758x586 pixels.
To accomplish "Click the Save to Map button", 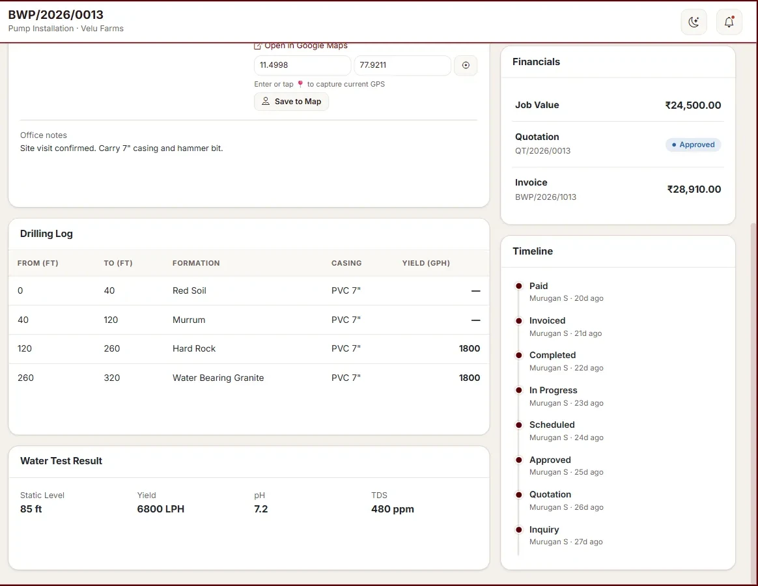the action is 291,102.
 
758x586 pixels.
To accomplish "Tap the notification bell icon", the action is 729,21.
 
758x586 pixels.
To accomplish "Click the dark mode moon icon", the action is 694,21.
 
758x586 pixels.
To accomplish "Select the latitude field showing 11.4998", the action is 303,65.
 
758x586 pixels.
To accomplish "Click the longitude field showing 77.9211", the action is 402,65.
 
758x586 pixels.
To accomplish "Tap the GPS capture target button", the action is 466,65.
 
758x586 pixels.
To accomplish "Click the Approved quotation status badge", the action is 694,145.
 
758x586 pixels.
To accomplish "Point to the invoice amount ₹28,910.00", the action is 694,189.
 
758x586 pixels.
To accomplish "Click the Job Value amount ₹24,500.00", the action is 693,105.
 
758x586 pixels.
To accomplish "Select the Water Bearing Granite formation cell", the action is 218,378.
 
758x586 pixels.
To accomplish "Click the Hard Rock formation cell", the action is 194,348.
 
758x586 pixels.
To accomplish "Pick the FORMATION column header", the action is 196,263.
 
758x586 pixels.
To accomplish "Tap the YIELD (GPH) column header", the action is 426,263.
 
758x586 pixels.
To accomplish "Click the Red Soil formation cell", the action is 189,290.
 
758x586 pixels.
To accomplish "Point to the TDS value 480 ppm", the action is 393,509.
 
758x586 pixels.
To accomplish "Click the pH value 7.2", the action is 260,509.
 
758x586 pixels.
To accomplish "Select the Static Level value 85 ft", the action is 31,509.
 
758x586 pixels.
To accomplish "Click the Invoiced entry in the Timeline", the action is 547,320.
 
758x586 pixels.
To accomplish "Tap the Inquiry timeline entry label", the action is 544,529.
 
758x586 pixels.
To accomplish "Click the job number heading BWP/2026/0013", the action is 55,14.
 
